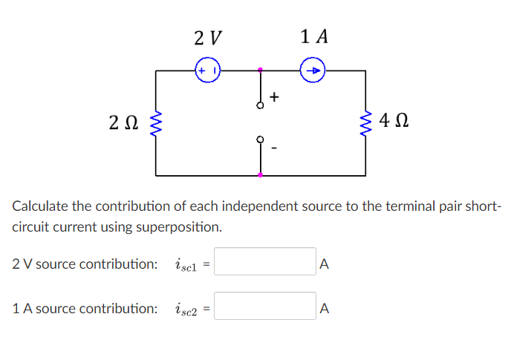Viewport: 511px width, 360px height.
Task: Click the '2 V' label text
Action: (x=206, y=36)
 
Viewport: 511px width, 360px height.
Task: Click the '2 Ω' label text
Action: (x=123, y=122)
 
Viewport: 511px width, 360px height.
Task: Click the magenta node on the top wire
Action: (x=260, y=71)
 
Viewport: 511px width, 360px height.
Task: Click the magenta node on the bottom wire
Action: (x=260, y=176)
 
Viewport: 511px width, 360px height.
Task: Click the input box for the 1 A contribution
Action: (x=266, y=307)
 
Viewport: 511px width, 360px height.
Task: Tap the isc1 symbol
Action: (x=186, y=264)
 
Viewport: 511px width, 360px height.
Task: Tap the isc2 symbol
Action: (x=186, y=308)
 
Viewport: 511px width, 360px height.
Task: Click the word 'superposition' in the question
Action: (x=183, y=226)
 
